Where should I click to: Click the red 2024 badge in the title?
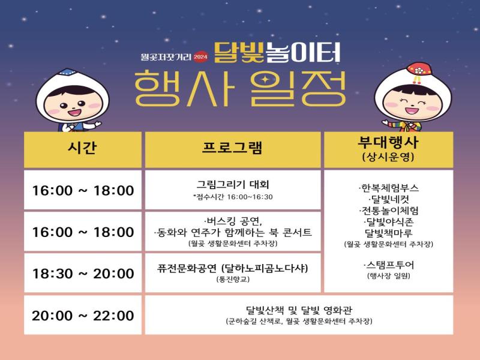[x=200, y=57]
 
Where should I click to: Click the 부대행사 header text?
[x=388, y=143]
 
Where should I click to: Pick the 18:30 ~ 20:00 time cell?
[x=83, y=274]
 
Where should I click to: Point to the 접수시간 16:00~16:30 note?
[x=233, y=197]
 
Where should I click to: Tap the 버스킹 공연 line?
[x=233, y=220]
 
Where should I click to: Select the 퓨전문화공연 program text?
[x=233, y=268]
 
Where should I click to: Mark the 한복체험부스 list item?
[x=388, y=188]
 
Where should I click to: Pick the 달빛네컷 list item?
[x=388, y=199]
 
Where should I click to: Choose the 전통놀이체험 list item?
[x=388, y=211]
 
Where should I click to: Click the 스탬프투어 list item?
[x=388, y=265]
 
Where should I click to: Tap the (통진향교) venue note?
[x=233, y=279]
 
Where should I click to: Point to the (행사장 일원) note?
[x=388, y=276]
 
